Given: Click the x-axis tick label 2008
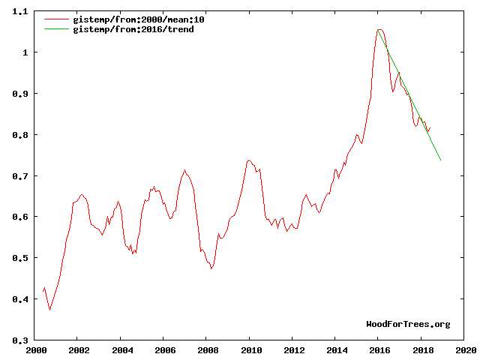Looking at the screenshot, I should tap(208, 349).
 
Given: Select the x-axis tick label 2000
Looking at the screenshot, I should tap(36, 349).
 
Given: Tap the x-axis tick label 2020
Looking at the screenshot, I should tap(465, 349).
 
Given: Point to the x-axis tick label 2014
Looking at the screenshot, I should tap(337, 349).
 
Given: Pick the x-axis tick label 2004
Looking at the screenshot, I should tap(122, 349).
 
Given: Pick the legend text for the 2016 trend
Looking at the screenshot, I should tap(127, 29).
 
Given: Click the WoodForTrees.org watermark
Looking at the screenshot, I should tap(408, 324).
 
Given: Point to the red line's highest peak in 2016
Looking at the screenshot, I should tap(380, 30).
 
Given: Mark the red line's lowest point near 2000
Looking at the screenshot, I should tap(50, 310).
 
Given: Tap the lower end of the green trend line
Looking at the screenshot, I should tap(440, 160).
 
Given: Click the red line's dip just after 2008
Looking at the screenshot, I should tap(211, 268).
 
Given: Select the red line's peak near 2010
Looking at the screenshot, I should tap(249, 160).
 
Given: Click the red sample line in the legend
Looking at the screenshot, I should tap(56, 19).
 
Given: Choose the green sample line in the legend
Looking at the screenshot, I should tap(56, 29).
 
